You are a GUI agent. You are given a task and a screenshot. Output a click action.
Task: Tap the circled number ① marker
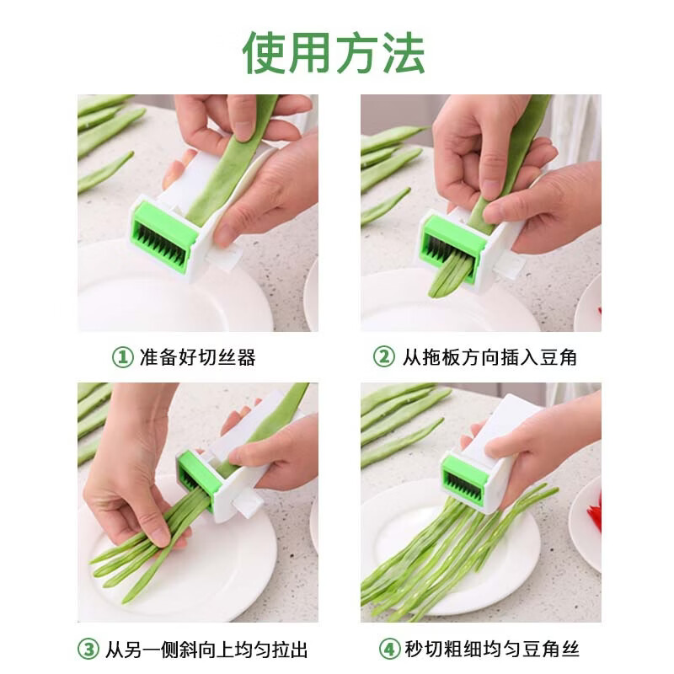(x=122, y=357)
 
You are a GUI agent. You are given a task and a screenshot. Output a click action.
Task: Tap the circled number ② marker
(x=383, y=357)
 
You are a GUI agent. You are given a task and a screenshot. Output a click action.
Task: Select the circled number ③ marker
(x=88, y=650)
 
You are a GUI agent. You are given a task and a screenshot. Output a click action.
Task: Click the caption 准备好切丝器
(x=197, y=357)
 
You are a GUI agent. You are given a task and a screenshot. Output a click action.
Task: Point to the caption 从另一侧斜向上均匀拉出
(x=206, y=650)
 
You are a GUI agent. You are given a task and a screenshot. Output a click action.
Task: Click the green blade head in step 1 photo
(x=163, y=235)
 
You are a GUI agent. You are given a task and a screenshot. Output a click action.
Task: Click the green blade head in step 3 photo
(x=197, y=476)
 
